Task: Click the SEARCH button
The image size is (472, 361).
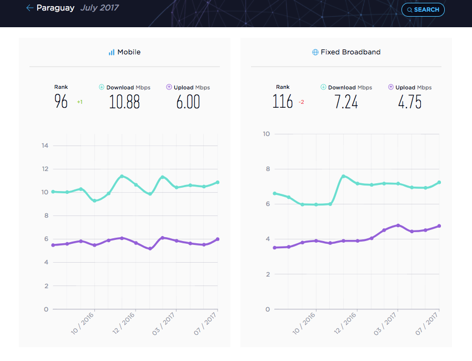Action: [x=423, y=9]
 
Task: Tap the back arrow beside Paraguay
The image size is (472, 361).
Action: [x=29, y=8]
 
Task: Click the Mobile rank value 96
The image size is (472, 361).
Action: [x=61, y=101]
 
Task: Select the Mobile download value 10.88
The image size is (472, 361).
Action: [x=124, y=102]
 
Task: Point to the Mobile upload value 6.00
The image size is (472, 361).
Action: [x=188, y=102]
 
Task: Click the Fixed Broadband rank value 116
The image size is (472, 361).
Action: [x=282, y=102]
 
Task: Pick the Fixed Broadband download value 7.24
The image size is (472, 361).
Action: [x=346, y=102]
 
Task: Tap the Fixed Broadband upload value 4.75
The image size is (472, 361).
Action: [x=410, y=102]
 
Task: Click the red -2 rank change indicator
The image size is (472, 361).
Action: [x=302, y=102]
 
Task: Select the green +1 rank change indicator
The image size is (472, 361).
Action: [x=80, y=102]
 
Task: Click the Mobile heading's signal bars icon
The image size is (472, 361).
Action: [x=112, y=52]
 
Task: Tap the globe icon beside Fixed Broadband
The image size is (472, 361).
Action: [x=315, y=52]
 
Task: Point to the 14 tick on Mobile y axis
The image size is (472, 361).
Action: [x=45, y=146]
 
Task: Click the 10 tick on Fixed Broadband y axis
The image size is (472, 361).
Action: [x=267, y=134]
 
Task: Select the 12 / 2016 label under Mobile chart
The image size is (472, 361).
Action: [x=124, y=323]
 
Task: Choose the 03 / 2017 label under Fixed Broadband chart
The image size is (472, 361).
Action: [x=385, y=324]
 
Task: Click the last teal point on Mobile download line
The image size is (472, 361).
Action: [x=218, y=183]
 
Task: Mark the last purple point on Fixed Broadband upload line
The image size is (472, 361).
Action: [x=439, y=226]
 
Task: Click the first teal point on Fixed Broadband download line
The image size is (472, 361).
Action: [x=274, y=194]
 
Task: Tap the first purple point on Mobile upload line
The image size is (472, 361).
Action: [x=53, y=245]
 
